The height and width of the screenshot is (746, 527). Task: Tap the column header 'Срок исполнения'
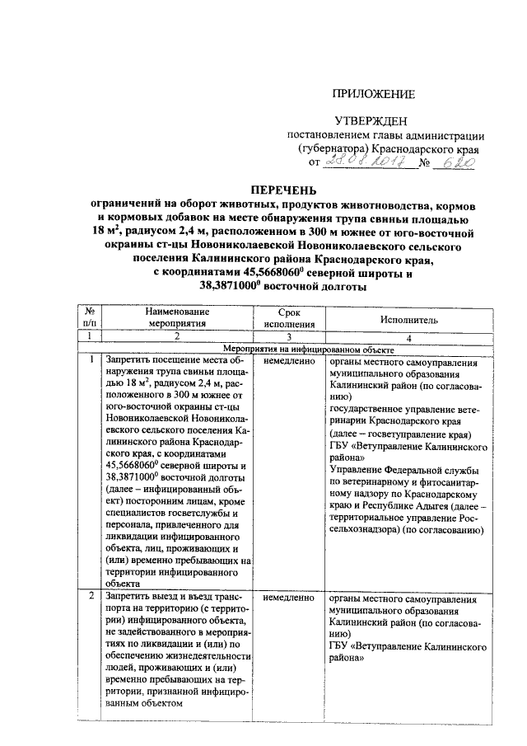[x=282, y=317]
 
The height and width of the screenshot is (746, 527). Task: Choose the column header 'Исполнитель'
[x=408, y=318]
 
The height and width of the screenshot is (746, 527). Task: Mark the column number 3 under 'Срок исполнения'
[x=282, y=337]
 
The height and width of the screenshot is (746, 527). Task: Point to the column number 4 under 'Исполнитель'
[x=408, y=337]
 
